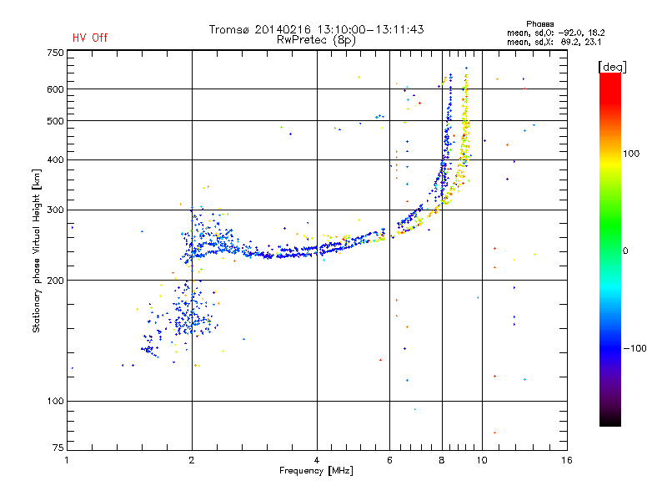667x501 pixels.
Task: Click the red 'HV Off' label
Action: coord(90,38)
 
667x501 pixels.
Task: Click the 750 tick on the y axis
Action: coord(54,52)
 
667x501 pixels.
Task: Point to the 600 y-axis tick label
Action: coord(54,89)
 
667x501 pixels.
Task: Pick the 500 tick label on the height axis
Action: coord(54,120)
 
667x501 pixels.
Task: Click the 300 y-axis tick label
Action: coord(54,210)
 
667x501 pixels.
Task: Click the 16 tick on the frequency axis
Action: coord(566,460)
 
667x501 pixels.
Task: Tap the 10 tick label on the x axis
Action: coord(481,460)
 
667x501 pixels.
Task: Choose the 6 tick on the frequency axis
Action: coord(389,460)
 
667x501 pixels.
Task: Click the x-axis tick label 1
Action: coord(67,460)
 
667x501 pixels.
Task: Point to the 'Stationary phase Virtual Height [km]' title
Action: coord(37,251)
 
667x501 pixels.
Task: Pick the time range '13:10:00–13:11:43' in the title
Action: coord(371,29)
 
